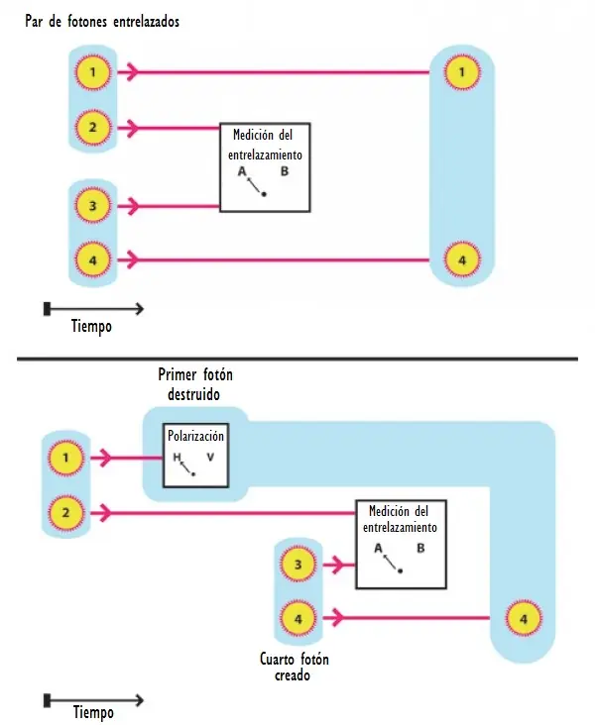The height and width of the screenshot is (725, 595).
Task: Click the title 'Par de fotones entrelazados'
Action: (x=102, y=22)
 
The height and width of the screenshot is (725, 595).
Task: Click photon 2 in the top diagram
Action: (x=93, y=127)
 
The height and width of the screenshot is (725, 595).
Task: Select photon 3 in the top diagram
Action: (x=93, y=206)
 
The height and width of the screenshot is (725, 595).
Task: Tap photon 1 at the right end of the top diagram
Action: (x=462, y=72)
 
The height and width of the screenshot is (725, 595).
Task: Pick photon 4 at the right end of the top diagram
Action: (x=462, y=260)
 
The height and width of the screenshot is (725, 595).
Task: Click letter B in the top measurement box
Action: (x=285, y=171)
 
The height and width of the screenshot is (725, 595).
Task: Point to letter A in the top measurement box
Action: (x=242, y=171)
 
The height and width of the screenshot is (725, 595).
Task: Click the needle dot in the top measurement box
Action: (x=264, y=194)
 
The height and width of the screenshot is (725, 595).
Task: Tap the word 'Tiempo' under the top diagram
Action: (x=91, y=327)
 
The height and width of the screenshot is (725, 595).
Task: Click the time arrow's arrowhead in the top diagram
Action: (x=140, y=308)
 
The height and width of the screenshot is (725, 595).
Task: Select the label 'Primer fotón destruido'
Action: (x=195, y=384)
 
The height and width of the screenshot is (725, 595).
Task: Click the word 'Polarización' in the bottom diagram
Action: (x=195, y=436)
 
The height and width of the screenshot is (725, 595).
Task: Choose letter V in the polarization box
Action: (x=210, y=458)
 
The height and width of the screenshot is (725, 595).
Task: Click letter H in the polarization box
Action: (x=177, y=458)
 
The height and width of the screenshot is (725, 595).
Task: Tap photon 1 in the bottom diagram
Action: (x=66, y=458)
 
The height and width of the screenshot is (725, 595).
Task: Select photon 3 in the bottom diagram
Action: (x=298, y=565)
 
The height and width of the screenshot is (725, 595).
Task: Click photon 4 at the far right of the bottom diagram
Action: (x=524, y=619)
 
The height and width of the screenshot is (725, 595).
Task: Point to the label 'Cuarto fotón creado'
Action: (x=294, y=668)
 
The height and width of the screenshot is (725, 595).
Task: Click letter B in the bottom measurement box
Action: (x=420, y=549)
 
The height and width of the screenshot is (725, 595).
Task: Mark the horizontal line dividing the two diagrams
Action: (x=297, y=359)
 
